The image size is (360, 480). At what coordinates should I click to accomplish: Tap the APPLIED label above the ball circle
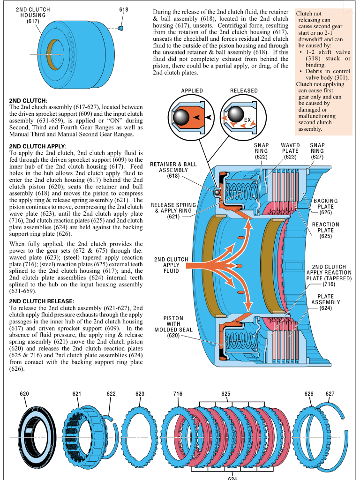point(192,90)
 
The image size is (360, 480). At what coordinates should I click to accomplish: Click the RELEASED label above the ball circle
point(244,90)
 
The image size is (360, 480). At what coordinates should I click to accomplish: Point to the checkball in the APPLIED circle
point(182,116)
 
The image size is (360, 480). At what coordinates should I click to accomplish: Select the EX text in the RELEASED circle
point(247,120)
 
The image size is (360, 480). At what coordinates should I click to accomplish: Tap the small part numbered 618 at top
point(121,28)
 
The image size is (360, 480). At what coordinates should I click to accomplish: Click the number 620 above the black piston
point(25,394)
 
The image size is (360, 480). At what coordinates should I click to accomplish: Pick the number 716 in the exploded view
point(178,394)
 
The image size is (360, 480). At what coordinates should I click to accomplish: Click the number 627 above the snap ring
point(330,394)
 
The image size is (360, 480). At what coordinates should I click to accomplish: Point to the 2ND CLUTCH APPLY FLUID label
point(171,265)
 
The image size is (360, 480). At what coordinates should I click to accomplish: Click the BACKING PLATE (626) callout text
point(326,206)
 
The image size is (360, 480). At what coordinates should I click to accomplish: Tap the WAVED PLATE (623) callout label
point(290,151)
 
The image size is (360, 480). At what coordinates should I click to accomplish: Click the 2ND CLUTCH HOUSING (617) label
point(33,15)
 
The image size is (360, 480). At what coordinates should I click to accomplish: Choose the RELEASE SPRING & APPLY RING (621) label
point(173,211)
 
